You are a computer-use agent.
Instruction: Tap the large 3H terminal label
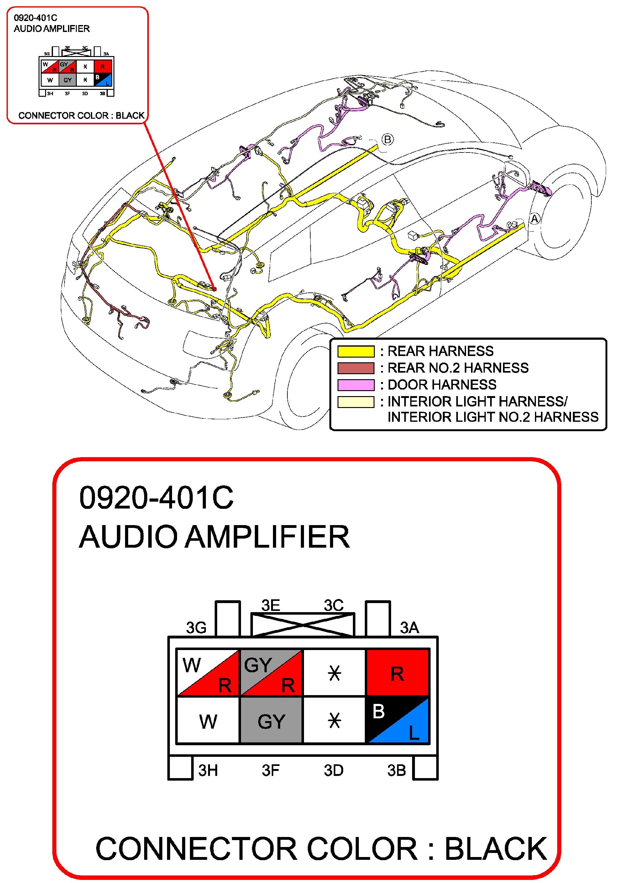208,770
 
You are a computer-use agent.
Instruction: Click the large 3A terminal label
409,627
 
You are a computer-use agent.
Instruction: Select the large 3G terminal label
196,627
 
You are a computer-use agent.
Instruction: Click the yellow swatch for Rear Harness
356,351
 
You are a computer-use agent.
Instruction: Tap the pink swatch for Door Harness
356,385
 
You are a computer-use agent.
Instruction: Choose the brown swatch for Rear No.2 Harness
356,368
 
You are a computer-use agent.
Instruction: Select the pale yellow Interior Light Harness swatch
356,401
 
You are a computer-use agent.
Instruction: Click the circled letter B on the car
387,139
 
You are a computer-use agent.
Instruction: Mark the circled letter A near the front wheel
535,219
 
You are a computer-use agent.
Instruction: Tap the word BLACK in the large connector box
496,848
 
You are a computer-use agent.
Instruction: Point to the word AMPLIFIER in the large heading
267,537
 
